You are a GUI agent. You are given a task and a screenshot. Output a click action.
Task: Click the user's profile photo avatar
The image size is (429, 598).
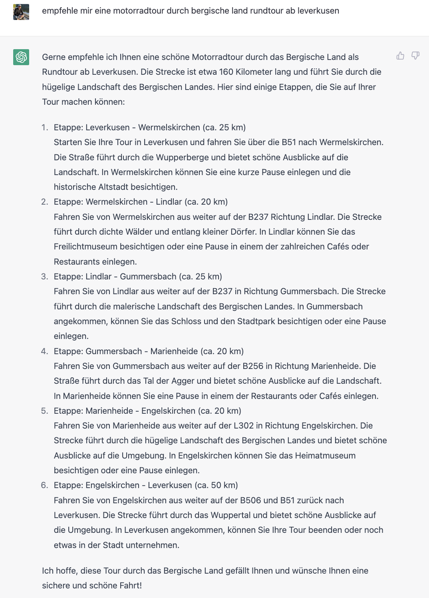click(x=21, y=12)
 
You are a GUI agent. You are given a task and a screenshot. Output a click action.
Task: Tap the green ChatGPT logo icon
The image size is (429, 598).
click(x=21, y=57)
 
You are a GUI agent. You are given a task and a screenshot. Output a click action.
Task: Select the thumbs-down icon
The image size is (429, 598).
click(x=415, y=56)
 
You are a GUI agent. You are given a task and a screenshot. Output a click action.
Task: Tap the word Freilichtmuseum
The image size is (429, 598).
click(x=85, y=247)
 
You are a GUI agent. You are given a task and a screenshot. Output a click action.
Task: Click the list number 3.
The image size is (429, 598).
click(x=44, y=277)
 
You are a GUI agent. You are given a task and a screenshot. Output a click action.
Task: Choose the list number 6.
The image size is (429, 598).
click(x=44, y=485)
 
